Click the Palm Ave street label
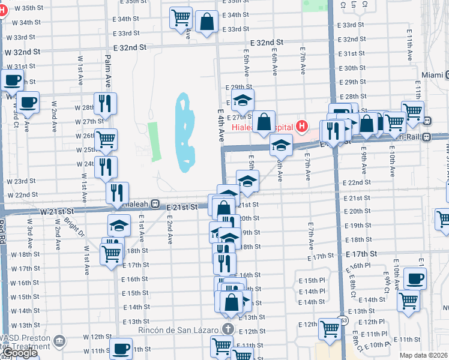point(108,68)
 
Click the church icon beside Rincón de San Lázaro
point(228,328)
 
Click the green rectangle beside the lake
point(155,141)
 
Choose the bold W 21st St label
point(57,212)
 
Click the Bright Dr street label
point(74,228)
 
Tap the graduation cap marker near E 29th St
point(243,100)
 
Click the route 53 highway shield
point(342,319)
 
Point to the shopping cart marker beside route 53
point(330,328)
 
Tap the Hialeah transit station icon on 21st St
point(155,204)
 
